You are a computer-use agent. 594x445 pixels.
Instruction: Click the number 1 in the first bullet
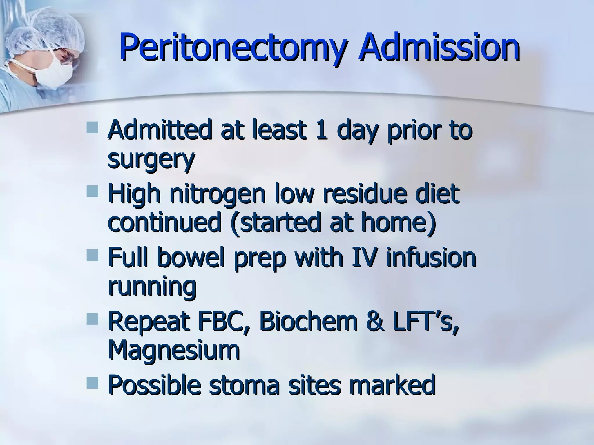[321, 130]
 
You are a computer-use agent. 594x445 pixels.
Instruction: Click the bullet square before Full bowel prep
[92, 255]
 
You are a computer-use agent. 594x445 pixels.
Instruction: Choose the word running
[152, 287]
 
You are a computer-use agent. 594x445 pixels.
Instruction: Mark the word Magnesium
[174, 351]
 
